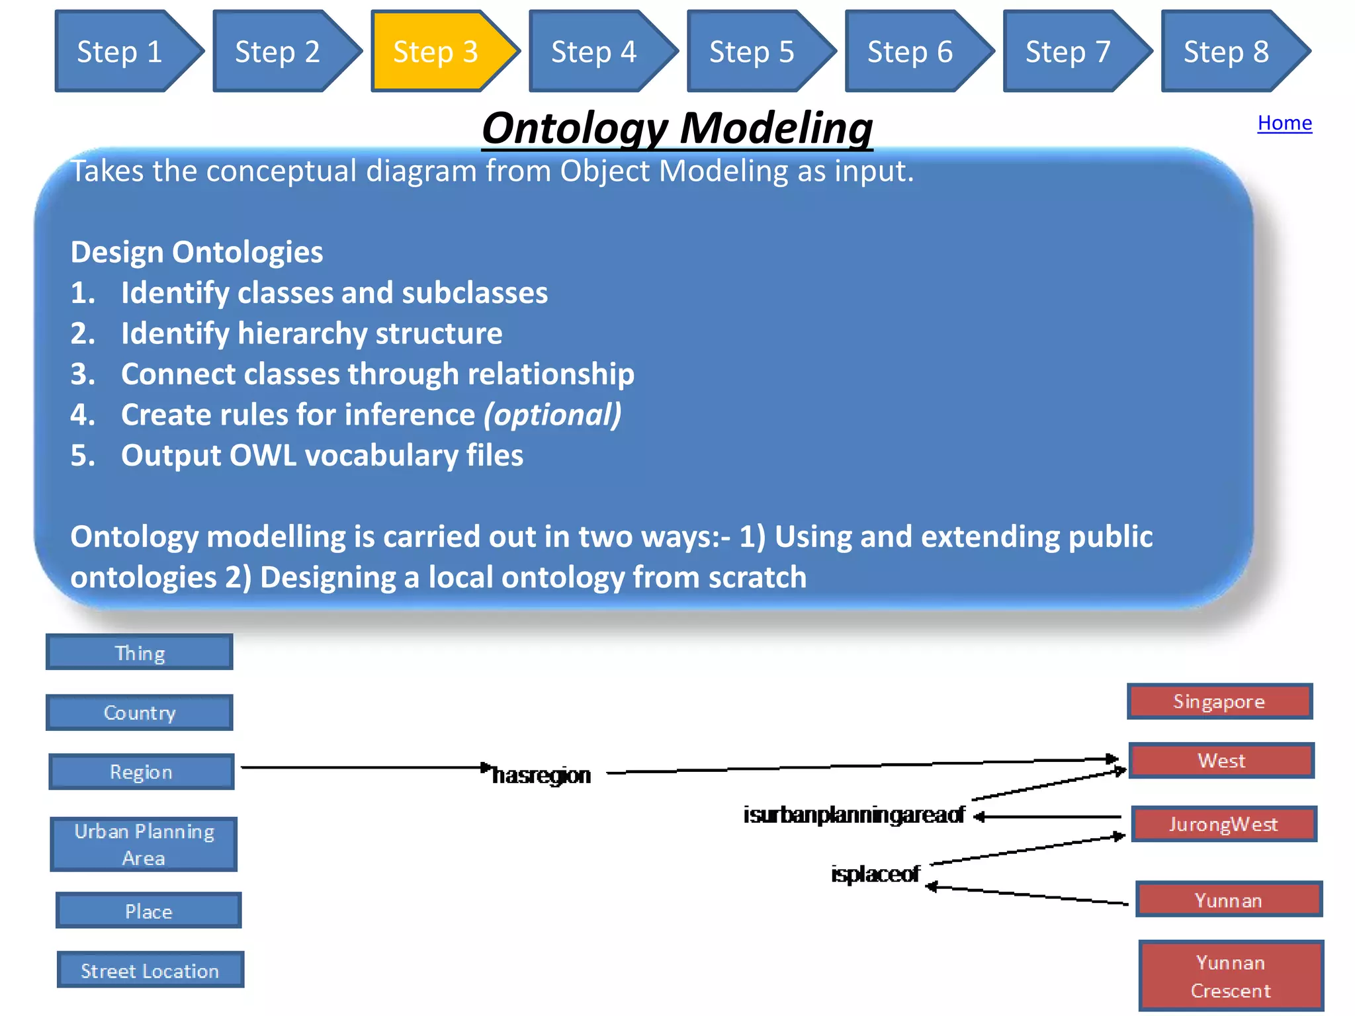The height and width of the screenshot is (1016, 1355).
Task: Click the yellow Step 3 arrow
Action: (x=437, y=52)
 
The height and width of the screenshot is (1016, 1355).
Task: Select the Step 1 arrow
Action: (x=120, y=52)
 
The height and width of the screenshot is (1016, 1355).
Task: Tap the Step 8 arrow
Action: (x=1227, y=52)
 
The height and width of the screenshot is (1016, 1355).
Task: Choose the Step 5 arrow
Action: (x=753, y=52)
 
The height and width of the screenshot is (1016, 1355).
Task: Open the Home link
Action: (x=1284, y=123)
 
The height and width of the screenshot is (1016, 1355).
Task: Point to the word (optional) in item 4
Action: (x=552, y=415)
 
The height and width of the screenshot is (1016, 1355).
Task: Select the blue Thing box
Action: (x=140, y=653)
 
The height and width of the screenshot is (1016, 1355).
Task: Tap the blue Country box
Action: (x=140, y=712)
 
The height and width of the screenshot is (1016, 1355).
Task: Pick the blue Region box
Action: (x=142, y=772)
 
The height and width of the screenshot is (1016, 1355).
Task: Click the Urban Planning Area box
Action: (x=144, y=844)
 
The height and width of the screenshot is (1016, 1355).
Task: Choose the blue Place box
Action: (x=149, y=911)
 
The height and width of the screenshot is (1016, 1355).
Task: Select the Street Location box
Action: (x=150, y=970)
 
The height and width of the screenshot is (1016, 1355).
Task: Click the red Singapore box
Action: (x=1219, y=701)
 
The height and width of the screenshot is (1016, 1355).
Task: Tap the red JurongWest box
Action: (x=1224, y=824)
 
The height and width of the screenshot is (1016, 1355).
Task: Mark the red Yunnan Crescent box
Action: (x=1231, y=976)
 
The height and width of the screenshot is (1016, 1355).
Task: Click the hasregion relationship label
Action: (x=541, y=775)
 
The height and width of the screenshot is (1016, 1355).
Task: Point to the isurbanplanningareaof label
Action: (x=853, y=815)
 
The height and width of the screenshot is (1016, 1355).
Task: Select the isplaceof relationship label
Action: (x=875, y=874)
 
